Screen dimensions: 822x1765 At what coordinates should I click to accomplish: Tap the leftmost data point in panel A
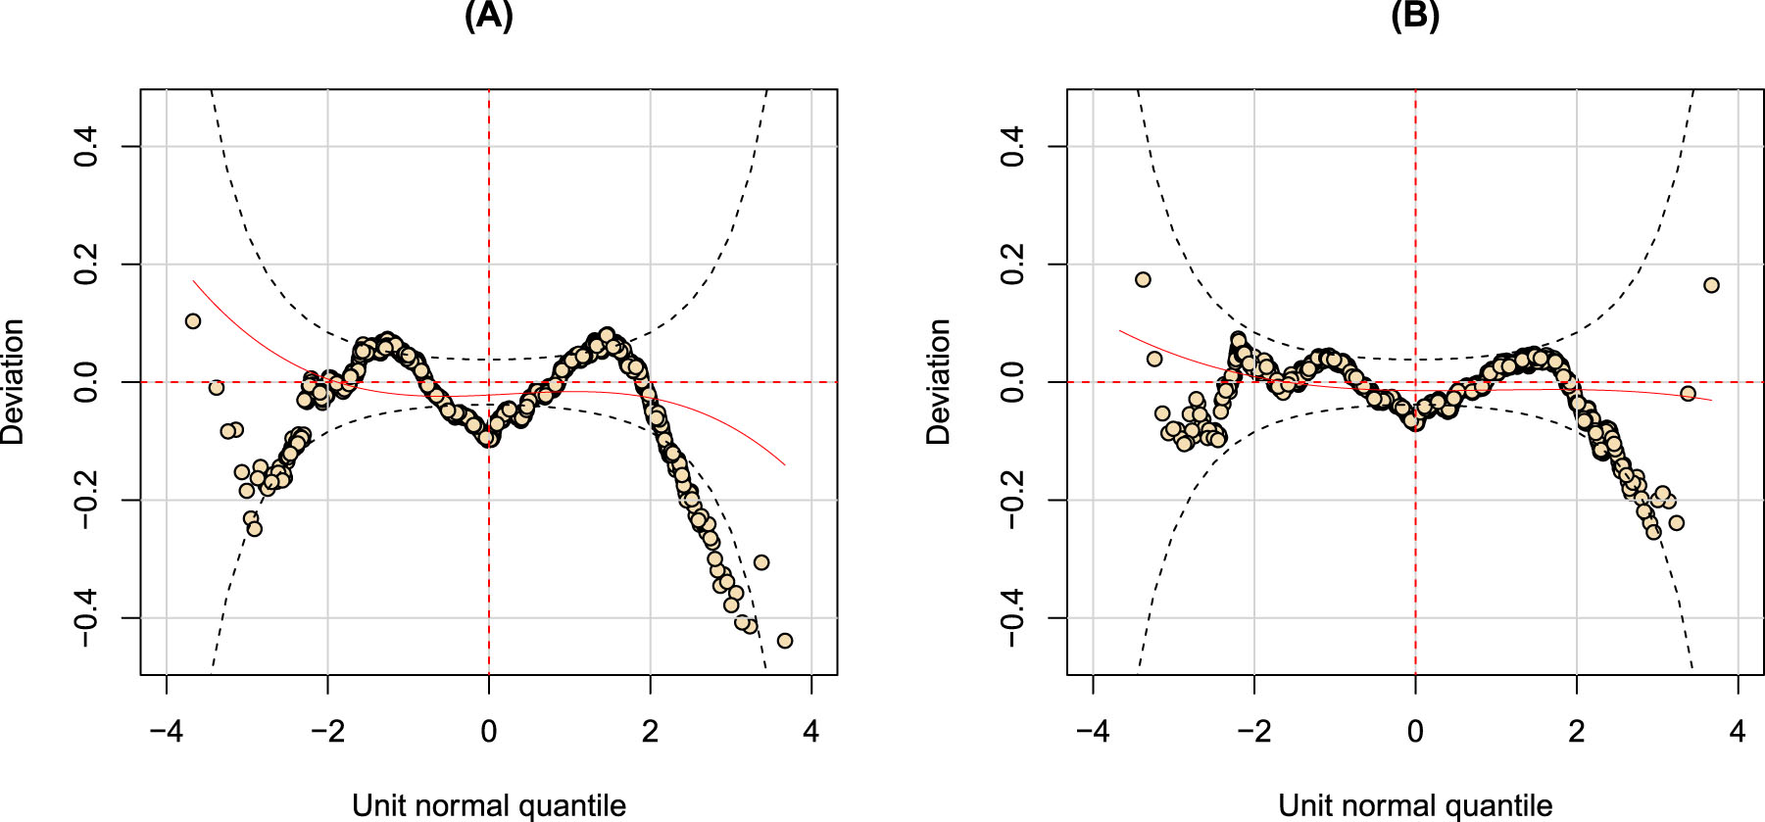click(x=193, y=321)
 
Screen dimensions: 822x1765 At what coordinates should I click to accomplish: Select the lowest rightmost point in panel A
click(x=784, y=641)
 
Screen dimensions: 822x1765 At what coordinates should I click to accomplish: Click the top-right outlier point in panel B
click(x=1711, y=285)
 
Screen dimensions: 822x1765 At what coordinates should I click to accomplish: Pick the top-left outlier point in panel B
click(x=1143, y=279)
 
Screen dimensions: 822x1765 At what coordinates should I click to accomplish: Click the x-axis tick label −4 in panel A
click(x=166, y=732)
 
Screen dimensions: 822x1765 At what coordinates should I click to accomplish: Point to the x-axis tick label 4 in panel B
click(x=1738, y=732)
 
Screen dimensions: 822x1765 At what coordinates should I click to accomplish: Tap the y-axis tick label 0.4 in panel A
click(x=86, y=146)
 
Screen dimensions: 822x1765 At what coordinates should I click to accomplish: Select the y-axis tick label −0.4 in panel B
click(x=1012, y=618)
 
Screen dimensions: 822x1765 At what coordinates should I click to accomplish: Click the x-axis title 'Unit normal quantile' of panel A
click(x=488, y=805)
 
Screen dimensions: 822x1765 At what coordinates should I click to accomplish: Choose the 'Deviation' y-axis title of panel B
click(x=938, y=382)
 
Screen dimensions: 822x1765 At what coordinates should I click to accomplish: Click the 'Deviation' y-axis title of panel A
click(x=12, y=382)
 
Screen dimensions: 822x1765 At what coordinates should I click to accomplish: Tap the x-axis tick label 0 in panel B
click(x=1414, y=732)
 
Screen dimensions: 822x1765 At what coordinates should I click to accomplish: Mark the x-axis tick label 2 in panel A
click(x=650, y=732)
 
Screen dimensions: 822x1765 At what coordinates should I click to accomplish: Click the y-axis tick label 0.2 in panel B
click(x=1012, y=265)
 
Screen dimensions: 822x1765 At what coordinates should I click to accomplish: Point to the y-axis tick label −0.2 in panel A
click(x=86, y=501)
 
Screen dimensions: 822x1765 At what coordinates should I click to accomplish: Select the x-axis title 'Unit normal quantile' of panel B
click(x=1414, y=805)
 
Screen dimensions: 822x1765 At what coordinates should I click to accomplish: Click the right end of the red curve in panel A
click(x=784, y=464)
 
